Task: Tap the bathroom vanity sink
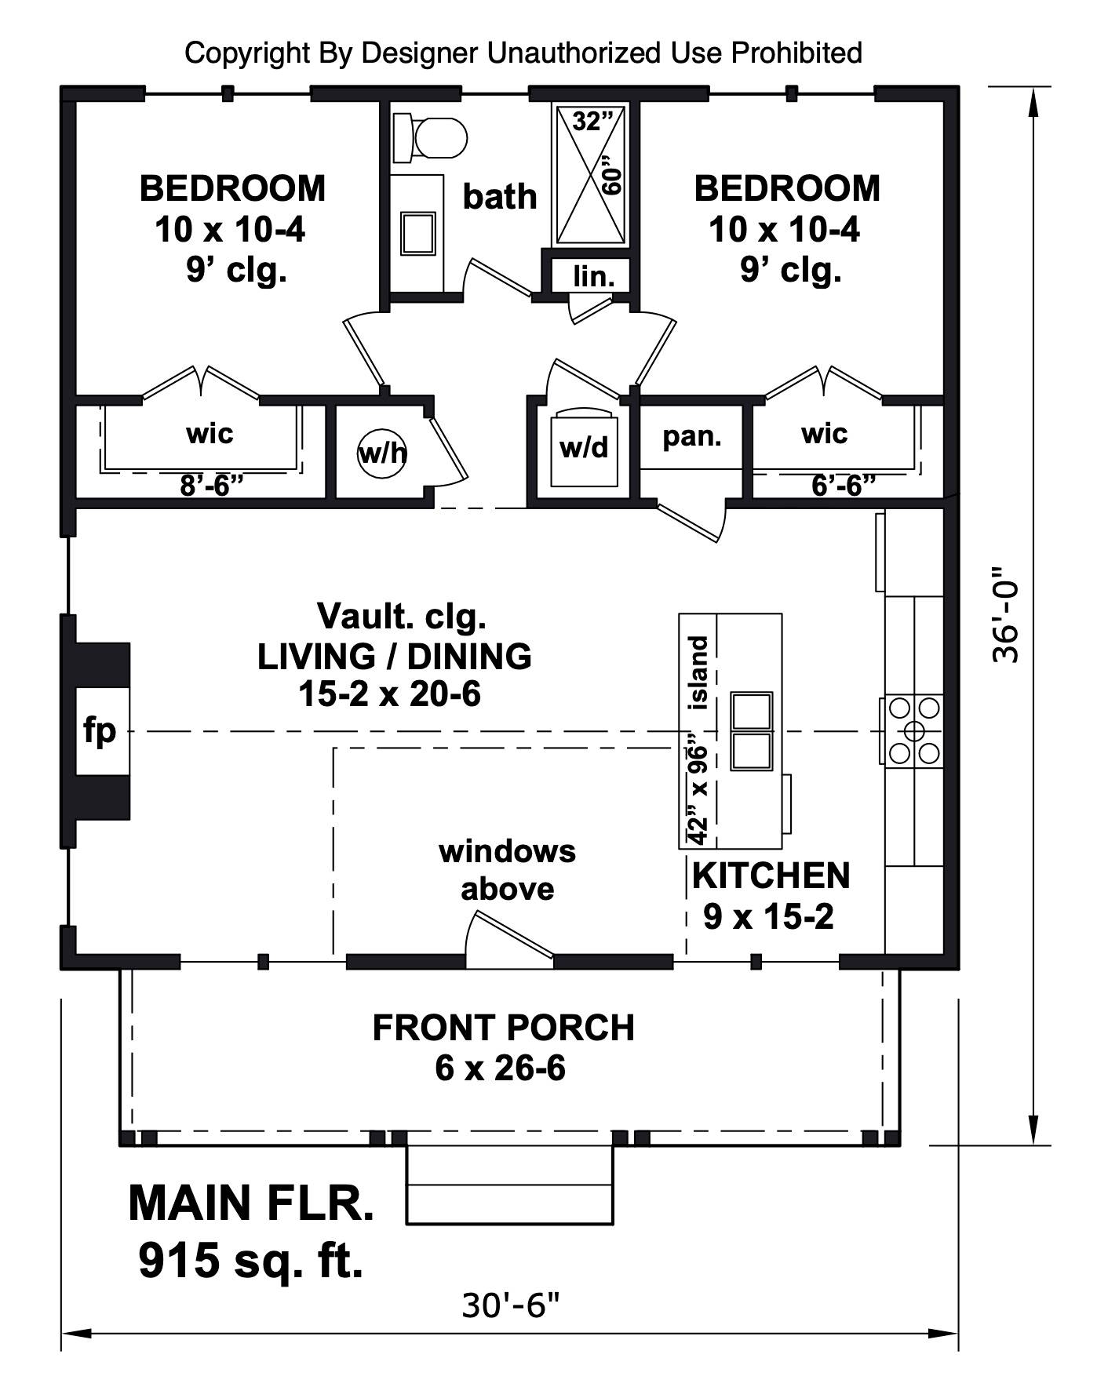pyautogui.click(x=418, y=233)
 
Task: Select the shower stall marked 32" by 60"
pyautogui.click(x=592, y=175)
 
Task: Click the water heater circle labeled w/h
pyautogui.click(x=382, y=452)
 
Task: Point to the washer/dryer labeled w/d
pyautogui.click(x=585, y=446)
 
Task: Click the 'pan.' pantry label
pyautogui.click(x=692, y=435)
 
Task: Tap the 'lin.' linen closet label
pyautogui.click(x=594, y=276)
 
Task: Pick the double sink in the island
pyautogui.click(x=752, y=730)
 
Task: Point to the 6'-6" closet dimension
pyautogui.click(x=844, y=486)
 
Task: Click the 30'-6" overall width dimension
pyautogui.click(x=511, y=1306)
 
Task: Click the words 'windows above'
pyautogui.click(x=507, y=870)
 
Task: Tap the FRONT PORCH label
pyautogui.click(x=503, y=1028)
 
